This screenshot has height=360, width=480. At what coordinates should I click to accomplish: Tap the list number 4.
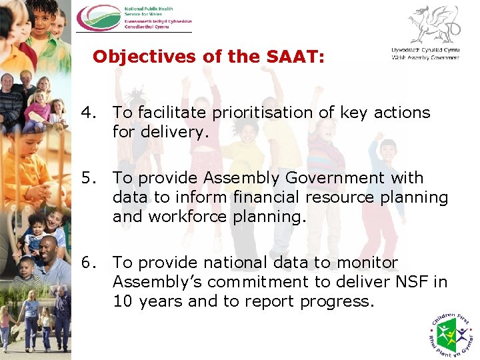coord(88,113)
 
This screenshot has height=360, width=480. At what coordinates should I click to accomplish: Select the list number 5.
coord(88,178)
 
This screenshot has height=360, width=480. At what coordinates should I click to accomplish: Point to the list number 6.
coord(88,263)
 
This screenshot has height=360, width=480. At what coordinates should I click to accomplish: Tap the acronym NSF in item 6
coord(412,282)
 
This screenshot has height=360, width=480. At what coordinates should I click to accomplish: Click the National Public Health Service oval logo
coord(99,18)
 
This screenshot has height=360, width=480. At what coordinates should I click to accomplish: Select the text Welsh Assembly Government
coord(425,58)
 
